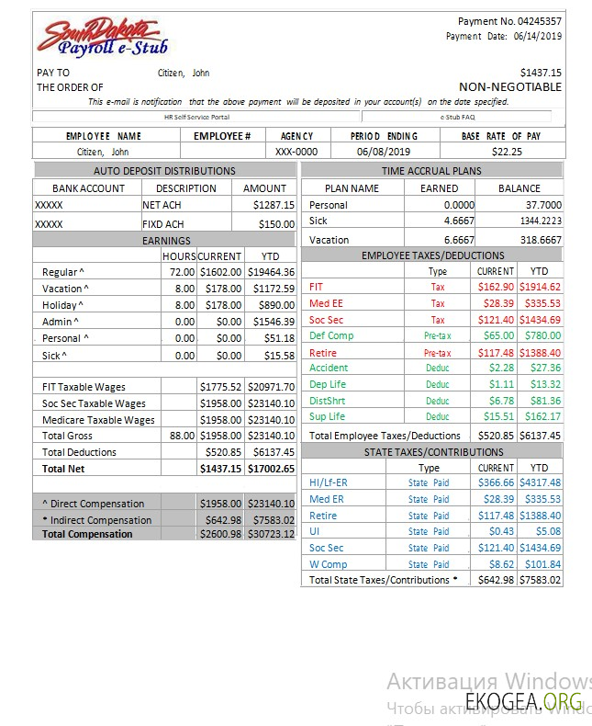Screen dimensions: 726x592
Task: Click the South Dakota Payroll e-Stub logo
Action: [x=101, y=39]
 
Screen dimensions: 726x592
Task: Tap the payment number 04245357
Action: [x=541, y=21]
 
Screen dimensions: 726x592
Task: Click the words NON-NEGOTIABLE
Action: [x=510, y=87]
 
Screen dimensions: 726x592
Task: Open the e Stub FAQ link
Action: [x=456, y=117]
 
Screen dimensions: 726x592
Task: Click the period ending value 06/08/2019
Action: [x=384, y=152]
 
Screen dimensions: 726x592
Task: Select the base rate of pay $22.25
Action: [x=507, y=152]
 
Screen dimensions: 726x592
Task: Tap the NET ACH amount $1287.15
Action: [x=274, y=205]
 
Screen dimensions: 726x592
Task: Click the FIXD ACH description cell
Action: [x=163, y=224]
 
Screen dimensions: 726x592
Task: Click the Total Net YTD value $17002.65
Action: [x=271, y=469]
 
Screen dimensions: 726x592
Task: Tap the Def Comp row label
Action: [x=331, y=335]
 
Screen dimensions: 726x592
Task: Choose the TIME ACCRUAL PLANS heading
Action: [x=430, y=171]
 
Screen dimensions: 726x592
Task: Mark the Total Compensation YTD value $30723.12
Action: [x=271, y=534]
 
